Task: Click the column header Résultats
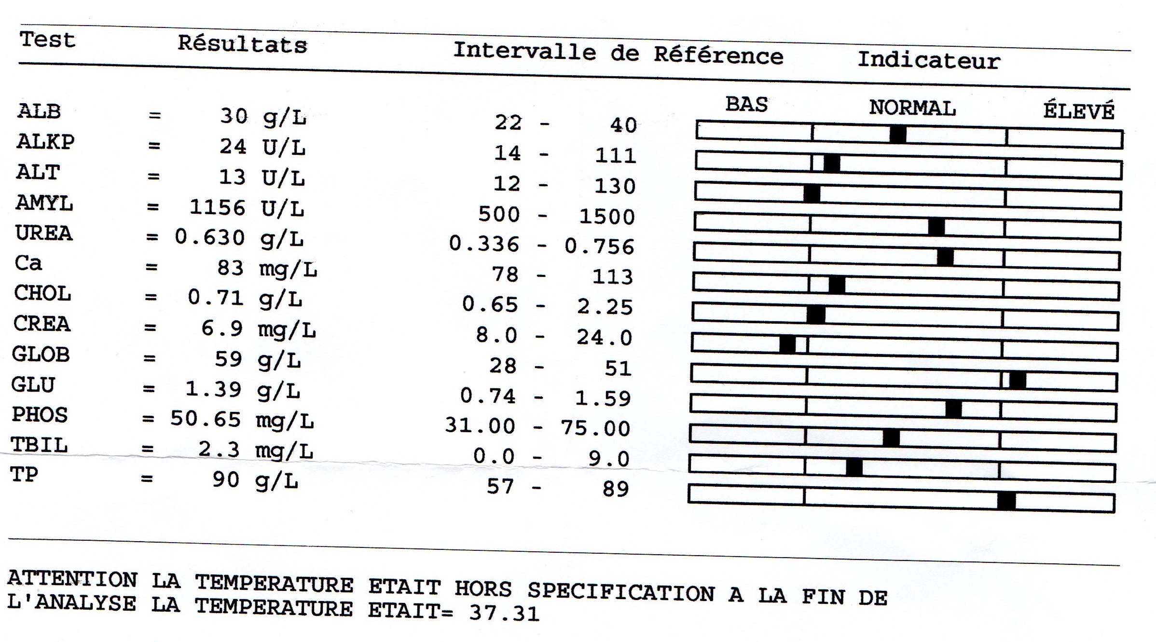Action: pyautogui.click(x=242, y=44)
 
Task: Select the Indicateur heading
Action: pyautogui.click(x=929, y=61)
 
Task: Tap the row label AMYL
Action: pyautogui.click(x=44, y=203)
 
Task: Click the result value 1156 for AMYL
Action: pyautogui.click(x=217, y=207)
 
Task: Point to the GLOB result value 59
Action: pyautogui.click(x=228, y=359)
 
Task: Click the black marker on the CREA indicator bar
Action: pyautogui.click(x=787, y=344)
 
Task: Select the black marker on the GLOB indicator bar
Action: pyautogui.click(x=1017, y=381)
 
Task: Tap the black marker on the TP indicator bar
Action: pyautogui.click(x=1006, y=501)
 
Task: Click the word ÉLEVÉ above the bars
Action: pyautogui.click(x=1079, y=111)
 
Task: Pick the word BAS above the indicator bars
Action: pyautogui.click(x=746, y=105)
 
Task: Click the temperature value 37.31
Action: pyautogui.click(x=504, y=614)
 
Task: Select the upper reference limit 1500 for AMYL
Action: pyautogui.click(x=606, y=217)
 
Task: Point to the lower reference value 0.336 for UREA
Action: pyautogui.click(x=484, y=244)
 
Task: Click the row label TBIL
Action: pyautogui.click(x=39, y=445)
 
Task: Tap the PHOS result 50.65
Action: pyautogui.click(x=205, y=419)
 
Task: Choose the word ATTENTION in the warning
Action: pyautogui.click(x=72, y=578)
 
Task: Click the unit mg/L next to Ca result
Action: pyautogui.click(x=288, y=270)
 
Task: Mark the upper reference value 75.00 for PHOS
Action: pyautogui.click(x=595, y=428)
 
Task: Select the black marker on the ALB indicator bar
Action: pyautogui.click(x=898, y=134)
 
